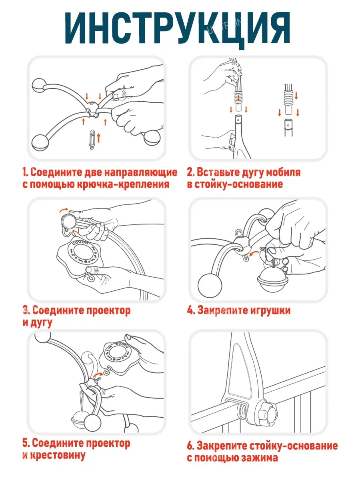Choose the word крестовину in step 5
tap(58, 455)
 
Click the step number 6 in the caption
tap(190, 446)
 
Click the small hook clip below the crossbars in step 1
tap(92, 140)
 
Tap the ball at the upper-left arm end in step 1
tap(39, 86)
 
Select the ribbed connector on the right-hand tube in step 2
tap(289, 98)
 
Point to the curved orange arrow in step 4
tap(254, 254)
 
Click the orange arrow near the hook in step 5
tap(98, 374)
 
